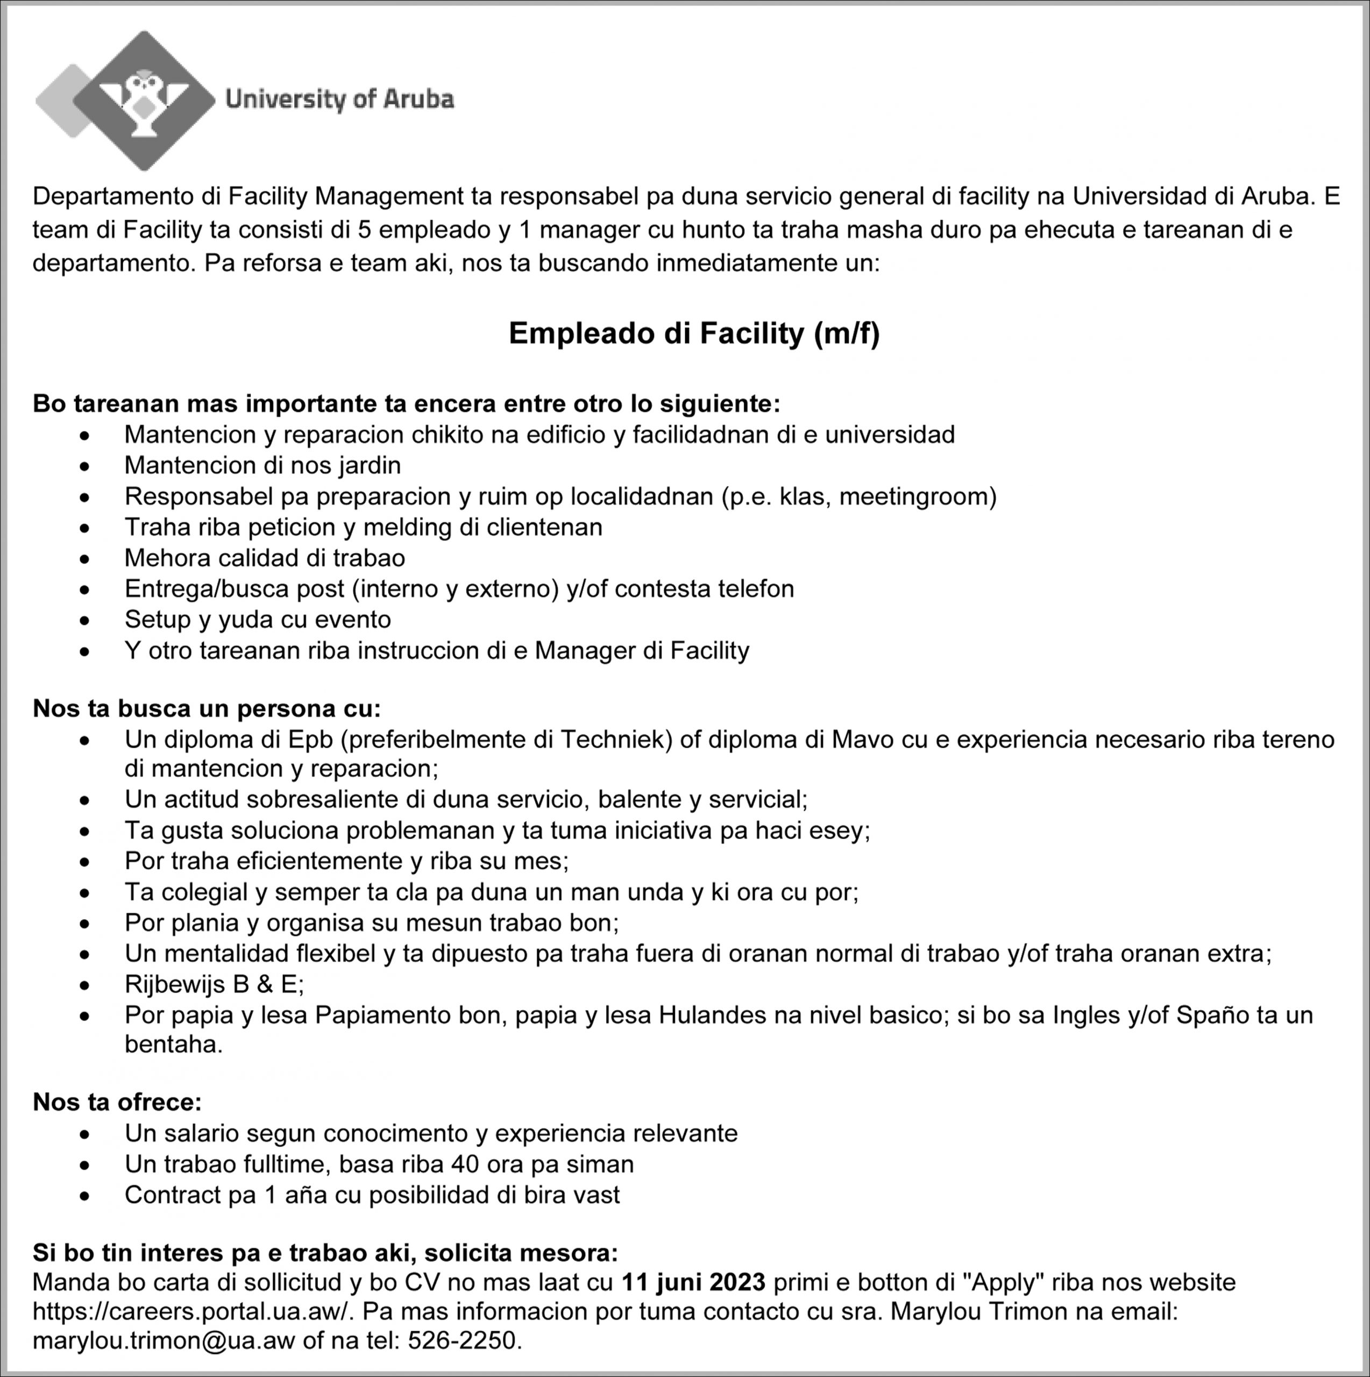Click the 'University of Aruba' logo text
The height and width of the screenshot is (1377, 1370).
pyautogui.click(x=339, y=99)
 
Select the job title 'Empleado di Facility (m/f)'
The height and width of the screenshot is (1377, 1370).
pyautogui.click(x=694, y=333)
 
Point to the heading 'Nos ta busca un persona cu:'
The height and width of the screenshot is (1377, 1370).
pyautogui.click(x=207, y=708)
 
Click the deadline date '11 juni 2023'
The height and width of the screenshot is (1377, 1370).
pyautogui.click(x=693, y=1281)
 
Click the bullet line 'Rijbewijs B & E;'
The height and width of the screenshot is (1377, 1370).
pyautogui.click(x=214, y=984)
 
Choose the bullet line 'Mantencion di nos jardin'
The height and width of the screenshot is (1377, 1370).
pyautogui.click(x=262, y=465)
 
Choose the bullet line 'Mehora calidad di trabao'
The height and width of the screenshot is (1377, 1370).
pyautogui.click(x=265, y=557)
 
